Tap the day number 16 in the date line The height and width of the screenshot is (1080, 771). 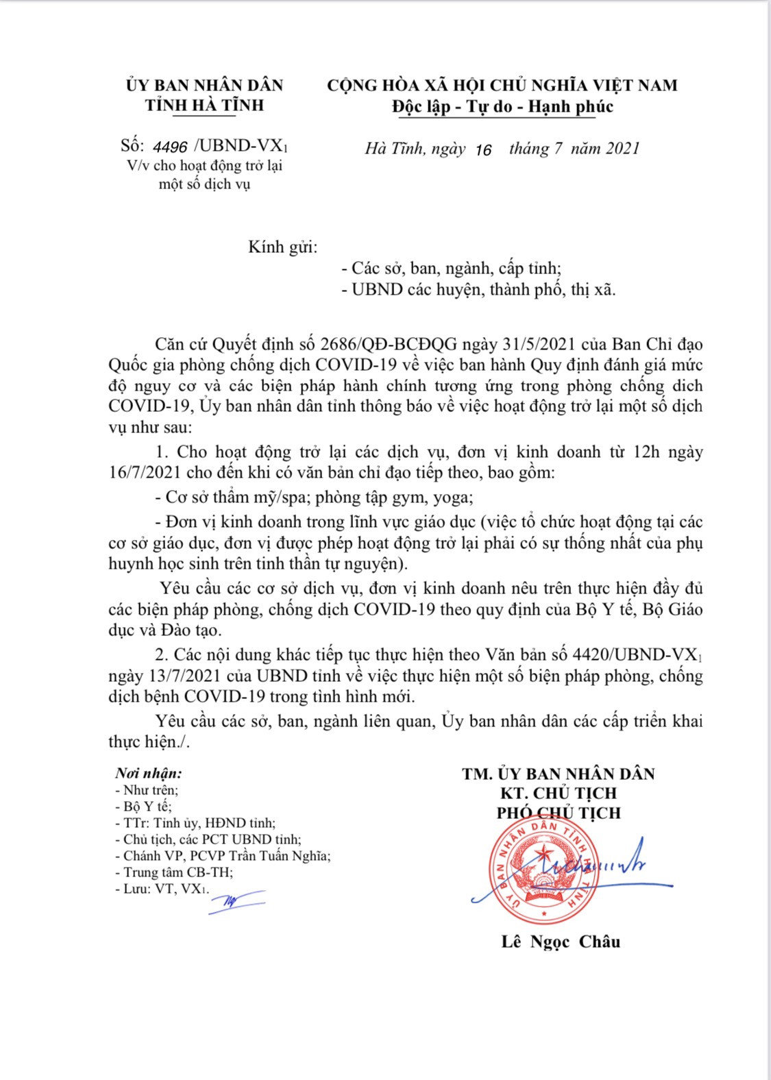click(482, 149)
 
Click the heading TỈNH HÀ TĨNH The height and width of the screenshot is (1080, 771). click(204, 105)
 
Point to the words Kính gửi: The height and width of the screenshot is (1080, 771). click(283, 247)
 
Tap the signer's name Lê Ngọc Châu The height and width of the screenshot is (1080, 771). click(561, 942)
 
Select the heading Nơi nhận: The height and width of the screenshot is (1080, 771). click(149, 774)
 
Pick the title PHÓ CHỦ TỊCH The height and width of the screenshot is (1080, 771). click(559, 813)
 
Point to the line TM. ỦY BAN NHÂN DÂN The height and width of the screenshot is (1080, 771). click(558, 774)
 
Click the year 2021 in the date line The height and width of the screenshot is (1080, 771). click(622, 148)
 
